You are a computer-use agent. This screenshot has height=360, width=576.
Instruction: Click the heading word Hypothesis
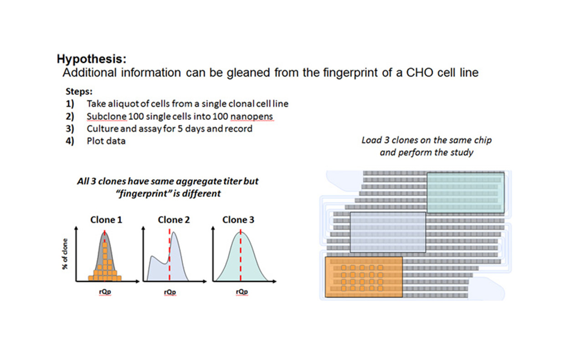(x=91, y=59)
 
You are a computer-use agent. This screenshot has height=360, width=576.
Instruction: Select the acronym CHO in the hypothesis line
(x=419, y=72)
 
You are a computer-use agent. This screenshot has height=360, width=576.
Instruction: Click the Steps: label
(x=79, y=92)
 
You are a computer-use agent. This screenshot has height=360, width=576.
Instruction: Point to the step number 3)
(x=70, y=129)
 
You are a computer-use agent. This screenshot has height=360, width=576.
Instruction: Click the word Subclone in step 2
(x=107, y=117)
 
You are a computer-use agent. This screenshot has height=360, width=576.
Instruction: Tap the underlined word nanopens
(x=252, y=117)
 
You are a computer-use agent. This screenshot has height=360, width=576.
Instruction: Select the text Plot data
(x=106, y=141)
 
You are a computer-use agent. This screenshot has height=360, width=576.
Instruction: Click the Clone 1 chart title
(x=106, y=220)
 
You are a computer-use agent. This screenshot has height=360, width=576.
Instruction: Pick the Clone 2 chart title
(x=174, y=220)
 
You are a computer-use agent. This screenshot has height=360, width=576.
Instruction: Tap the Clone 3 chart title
(x=238, y=220)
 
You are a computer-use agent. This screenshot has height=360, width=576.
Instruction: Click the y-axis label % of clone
(x=65, y=254)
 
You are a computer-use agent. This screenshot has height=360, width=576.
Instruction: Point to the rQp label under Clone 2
(x=170, y=292)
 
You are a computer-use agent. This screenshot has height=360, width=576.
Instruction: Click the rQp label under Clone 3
(x=242, y=292)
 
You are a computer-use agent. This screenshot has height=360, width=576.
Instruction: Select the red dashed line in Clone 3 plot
(x=241, y=255)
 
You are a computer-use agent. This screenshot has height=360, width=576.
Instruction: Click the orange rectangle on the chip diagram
(x=364, y=277)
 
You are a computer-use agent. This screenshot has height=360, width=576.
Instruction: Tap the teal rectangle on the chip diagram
(x=465, y=193)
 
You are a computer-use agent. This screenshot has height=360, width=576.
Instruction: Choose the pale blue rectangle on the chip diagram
(x=388, y=232)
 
